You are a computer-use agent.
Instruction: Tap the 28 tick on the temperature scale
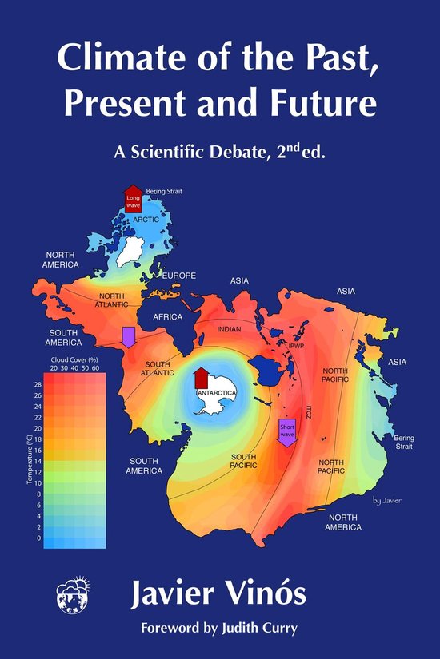pyautogui.click(x=38, y=384)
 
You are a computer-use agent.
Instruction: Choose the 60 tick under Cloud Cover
pyautogui.click(x=96, y=368)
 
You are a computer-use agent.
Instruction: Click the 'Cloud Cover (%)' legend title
pyautogui.click(x=73, y=359)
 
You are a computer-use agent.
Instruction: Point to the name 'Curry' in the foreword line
pyautogui.click(x=279, y=628)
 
